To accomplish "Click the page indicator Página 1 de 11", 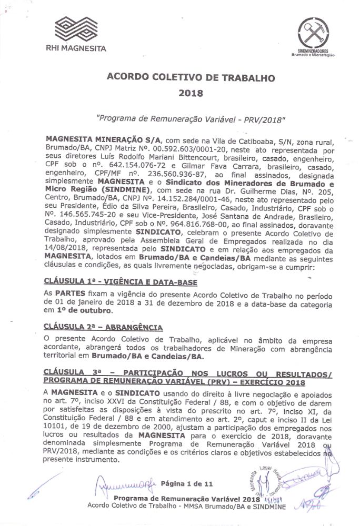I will [x=187, y=482].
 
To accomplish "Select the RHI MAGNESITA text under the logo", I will [x=76, y=49].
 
